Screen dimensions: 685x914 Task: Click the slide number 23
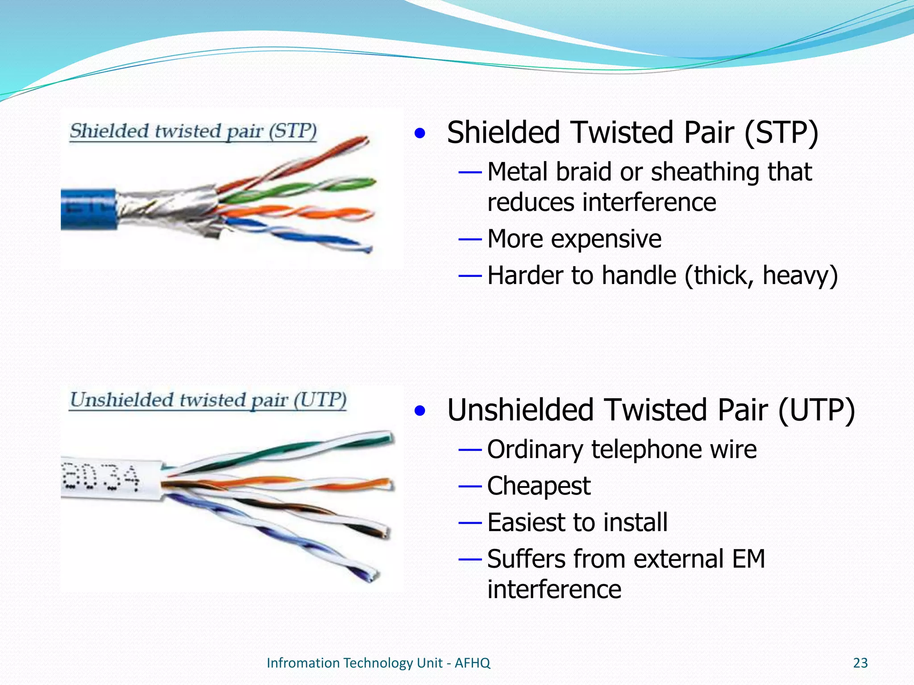click(860, 663)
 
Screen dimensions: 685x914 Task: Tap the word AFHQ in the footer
click(472, 663)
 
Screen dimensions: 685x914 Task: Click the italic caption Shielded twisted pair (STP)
click(193, 132)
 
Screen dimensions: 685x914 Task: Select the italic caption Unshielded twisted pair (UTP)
click(208, 400)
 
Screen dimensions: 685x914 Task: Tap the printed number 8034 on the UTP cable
click(101, 478)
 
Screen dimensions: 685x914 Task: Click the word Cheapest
click(539, 486)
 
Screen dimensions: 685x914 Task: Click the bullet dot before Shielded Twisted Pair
click(420, 133)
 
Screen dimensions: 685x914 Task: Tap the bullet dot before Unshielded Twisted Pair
click(420, 410)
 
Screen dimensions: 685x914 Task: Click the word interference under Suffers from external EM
click(554, 589)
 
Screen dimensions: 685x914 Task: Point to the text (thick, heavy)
click(761, 275)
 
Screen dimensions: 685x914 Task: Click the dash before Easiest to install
click(470, 523)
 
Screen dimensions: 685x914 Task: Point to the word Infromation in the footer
click(303, 663)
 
